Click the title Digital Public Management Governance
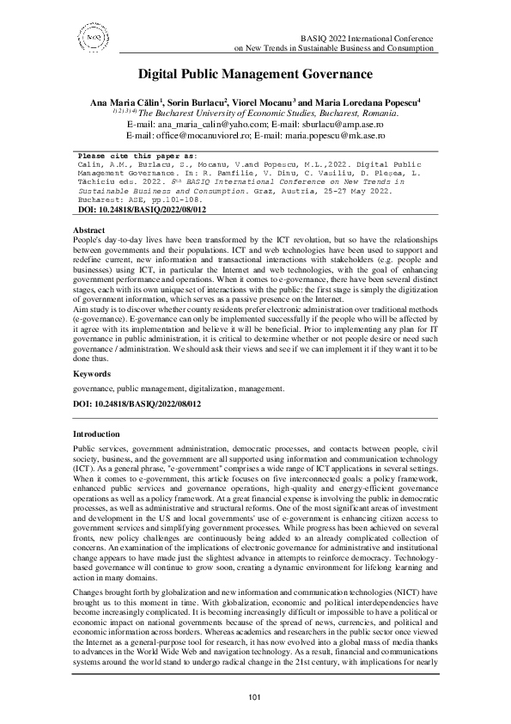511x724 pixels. (255, 76)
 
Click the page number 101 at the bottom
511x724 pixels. (255, 696)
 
